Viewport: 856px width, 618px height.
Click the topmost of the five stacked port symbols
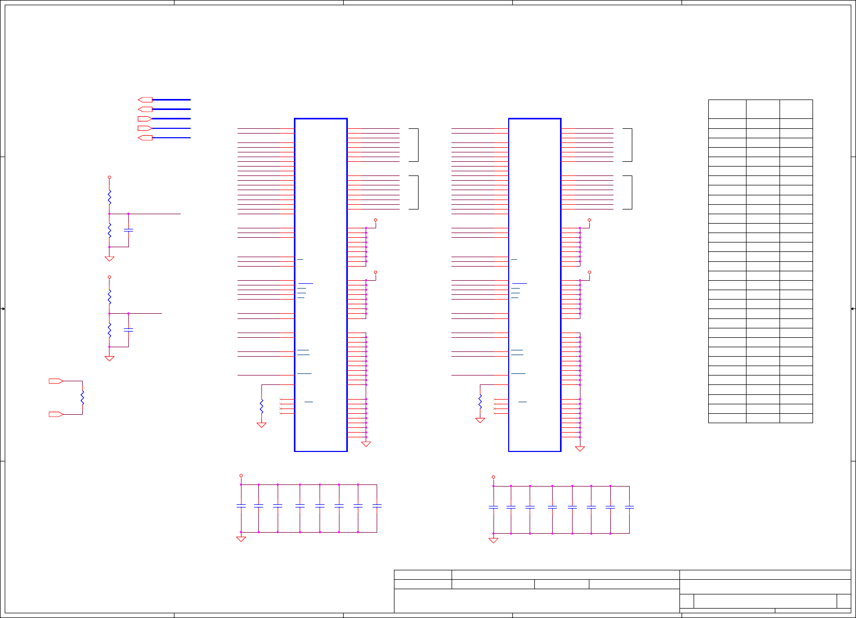(145, 100)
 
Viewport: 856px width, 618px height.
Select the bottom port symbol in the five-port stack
(145, 138)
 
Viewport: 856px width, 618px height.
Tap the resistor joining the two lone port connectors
(82, 398)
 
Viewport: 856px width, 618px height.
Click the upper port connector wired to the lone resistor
(56, 381)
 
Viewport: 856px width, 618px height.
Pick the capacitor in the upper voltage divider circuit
(128, 230)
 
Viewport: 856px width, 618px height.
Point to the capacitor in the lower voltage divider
(128, 330)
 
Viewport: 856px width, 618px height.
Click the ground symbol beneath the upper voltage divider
(109, 258)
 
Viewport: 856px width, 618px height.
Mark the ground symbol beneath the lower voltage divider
(109, 358)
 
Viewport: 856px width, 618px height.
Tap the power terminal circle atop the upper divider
(109, 178)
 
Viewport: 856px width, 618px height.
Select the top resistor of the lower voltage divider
(109, 297)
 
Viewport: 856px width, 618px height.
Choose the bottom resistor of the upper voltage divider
(109, 230)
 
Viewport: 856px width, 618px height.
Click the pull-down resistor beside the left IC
(261, 406)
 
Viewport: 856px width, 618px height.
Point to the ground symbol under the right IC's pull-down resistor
(480, 420)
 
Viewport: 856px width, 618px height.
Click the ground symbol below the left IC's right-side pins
(366, 444)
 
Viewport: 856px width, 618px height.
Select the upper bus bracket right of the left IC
(414, 145)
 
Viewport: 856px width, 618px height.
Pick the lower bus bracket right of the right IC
(628, 192)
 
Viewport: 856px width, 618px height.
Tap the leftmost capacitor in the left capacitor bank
(241, 506)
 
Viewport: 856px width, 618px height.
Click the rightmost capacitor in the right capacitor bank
(629, 507)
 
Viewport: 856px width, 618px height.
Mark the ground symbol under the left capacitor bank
(241, 539)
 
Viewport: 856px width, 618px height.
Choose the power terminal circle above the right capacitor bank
(493, 478)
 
